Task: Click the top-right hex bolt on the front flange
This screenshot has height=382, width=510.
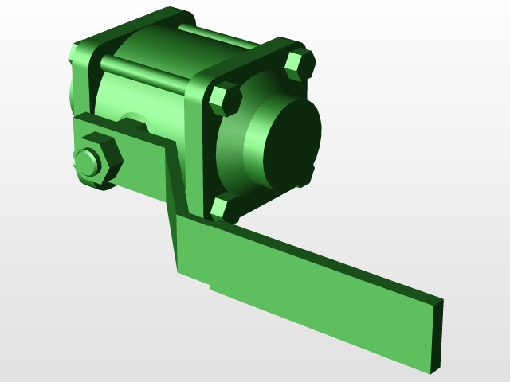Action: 300,64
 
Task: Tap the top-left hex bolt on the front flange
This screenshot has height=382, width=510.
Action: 225,99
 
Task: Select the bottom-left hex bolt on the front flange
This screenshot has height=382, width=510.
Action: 224,207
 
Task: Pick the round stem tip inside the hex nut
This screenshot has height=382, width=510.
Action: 87,163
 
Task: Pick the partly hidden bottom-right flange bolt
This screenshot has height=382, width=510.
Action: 308,176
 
